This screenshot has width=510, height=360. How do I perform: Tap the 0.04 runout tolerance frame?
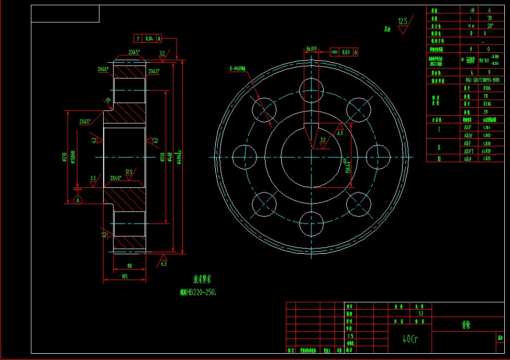[148, 38]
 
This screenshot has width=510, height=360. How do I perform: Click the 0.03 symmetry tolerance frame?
[345, 52]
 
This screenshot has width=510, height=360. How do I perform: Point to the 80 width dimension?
[129, 266]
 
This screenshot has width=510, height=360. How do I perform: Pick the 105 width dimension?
[125, 276]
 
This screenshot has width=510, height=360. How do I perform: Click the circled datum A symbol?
[78, 200]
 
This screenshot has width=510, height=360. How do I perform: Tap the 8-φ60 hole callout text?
[240, 68]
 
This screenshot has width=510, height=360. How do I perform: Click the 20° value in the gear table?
[490, 25]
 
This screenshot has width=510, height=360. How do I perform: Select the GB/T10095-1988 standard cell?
[482, 80]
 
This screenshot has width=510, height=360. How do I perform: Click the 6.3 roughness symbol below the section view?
[164, 260]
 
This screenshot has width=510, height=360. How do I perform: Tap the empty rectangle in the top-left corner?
[65, 14]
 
